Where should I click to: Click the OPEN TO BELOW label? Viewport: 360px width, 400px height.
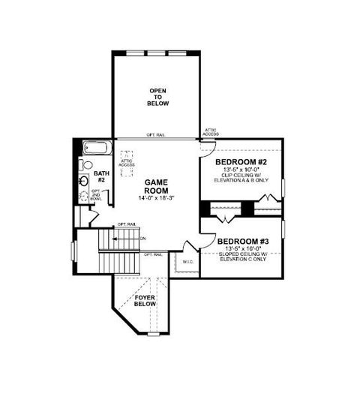click(x=157, y=98)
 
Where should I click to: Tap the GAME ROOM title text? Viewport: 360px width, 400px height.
click(x=156, y=186)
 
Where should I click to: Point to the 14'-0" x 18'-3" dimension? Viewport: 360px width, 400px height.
click(x=156, y=200)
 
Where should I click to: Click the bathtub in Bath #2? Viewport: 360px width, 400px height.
click(x=96, y=148)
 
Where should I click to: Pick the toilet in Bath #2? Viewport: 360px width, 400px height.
click(x=87, y=165)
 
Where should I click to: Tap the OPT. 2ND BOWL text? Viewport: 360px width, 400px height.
click(x=96, y=197)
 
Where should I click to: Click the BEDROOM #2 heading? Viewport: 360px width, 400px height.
click(x=241, y=163)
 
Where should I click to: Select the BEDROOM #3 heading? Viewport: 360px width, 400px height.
click(x=243, y=242)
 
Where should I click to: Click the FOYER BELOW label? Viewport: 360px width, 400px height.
click(x=145, y=302)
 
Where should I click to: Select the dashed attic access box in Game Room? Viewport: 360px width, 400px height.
click(x=125, y=161)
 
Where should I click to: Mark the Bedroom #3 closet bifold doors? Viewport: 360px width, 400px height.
click(x=226, y=217)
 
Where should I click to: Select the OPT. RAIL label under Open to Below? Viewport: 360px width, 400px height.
click(x=157, y=136)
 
